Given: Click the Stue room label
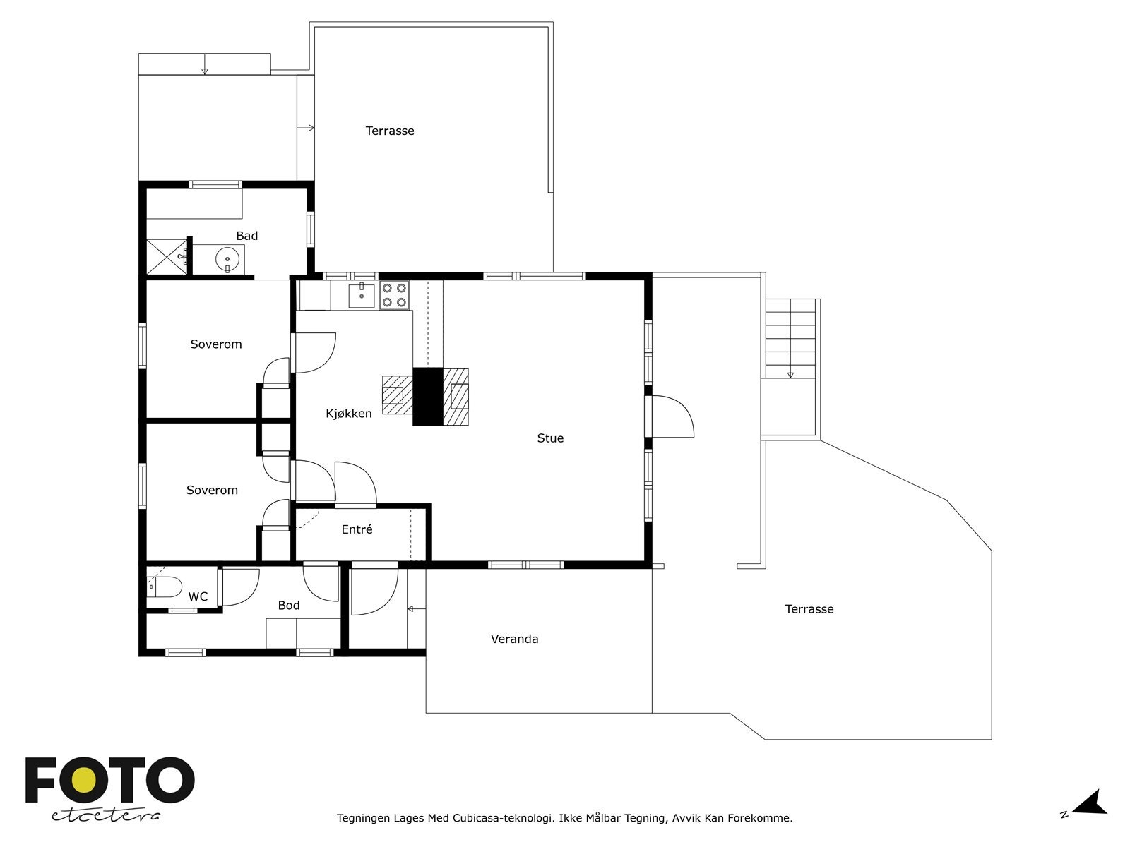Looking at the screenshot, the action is [550, 438].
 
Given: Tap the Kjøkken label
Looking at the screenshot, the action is [348, 414].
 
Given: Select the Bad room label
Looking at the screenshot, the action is [247, 236].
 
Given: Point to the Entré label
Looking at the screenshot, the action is [357, 529].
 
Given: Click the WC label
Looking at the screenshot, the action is [198, 596].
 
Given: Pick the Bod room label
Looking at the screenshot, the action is [289, 606].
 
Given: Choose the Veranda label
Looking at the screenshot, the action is [514, 639].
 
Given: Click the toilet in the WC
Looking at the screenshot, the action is [165, 587].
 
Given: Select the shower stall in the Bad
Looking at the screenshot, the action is [167, 257].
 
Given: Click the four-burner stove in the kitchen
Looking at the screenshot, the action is [394, 295].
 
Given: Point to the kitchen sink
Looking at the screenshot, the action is [362, 294].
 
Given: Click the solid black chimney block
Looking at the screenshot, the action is [428, 397].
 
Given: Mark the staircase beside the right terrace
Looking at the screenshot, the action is [791, 338].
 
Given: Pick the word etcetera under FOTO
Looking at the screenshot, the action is [105, 816].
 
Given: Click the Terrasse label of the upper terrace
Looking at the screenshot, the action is [390, 131].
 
